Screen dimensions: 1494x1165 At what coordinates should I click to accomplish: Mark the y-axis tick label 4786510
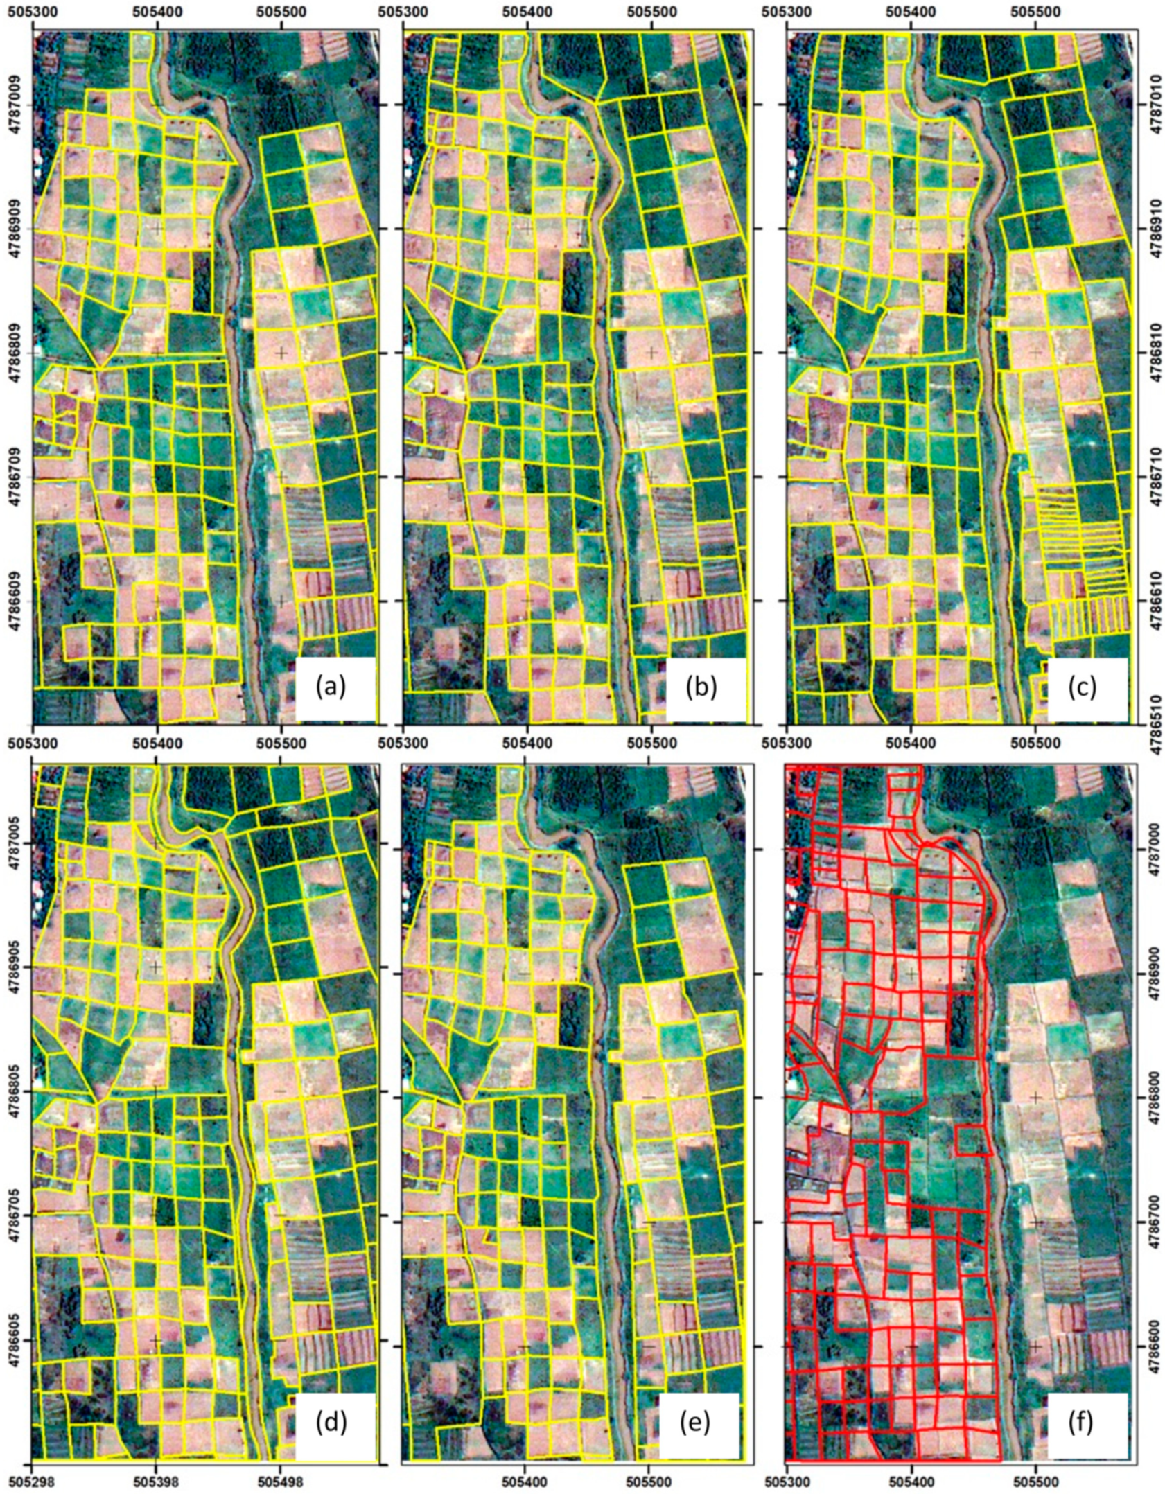click(x=1151, y=723)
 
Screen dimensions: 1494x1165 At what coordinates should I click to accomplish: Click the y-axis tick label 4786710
click(x=1151, y=477)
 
